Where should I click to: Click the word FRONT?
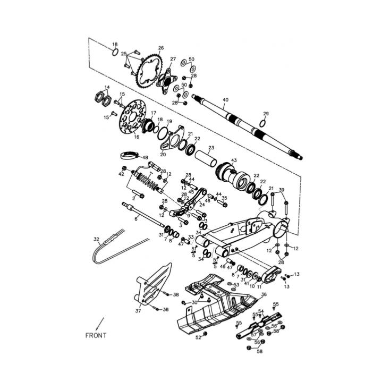[96, 335]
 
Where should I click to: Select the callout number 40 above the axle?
[226, 99]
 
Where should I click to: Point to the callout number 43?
[234, 160]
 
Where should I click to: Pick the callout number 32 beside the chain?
[96, 240]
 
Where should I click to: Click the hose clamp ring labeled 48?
[128, 157]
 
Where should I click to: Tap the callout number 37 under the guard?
[138, 311]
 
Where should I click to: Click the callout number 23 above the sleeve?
[211, 148]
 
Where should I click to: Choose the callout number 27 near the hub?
[173, 59]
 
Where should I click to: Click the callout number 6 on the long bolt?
[136, 218]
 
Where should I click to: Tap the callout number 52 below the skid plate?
[198, 337]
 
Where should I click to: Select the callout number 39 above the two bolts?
[282, 190]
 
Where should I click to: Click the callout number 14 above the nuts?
[107, 88]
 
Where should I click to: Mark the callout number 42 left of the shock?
[121, 174]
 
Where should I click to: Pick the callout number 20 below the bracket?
[163, 155]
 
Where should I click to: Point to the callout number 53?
[236, 285]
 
